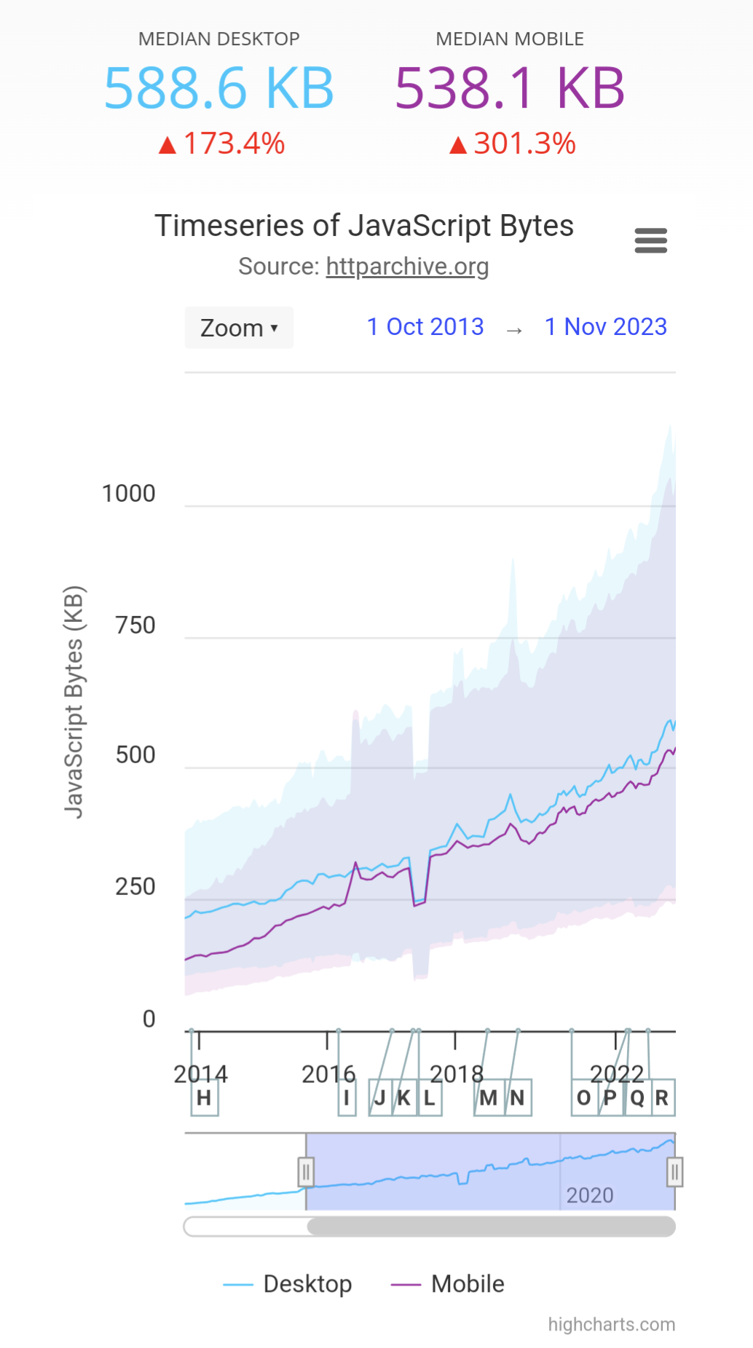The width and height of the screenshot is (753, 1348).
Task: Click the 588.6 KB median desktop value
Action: point(218,88)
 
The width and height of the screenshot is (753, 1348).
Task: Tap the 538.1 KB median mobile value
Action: point(510,88)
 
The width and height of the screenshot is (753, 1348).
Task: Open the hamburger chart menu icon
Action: point(650,240)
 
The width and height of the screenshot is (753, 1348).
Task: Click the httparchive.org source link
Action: point(407,267)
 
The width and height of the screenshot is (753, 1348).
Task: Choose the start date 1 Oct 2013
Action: point(425,327)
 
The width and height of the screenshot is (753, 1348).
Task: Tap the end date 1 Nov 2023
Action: point(606,327)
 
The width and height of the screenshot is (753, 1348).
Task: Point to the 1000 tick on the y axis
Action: point(129,494)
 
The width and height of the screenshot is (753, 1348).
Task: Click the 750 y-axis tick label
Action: point(135,625)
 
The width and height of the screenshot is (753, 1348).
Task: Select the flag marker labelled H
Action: point(204,1097)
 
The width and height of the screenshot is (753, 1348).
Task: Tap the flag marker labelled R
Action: point(661,1097)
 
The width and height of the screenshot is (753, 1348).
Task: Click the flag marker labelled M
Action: point(488,1097)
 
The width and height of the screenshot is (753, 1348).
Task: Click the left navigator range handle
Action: point(306,1172)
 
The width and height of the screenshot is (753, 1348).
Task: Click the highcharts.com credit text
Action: point(611,1325)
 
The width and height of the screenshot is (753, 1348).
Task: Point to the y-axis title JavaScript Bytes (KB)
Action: point(75,702)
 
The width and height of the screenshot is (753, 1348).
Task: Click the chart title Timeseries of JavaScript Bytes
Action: point(364,226)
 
